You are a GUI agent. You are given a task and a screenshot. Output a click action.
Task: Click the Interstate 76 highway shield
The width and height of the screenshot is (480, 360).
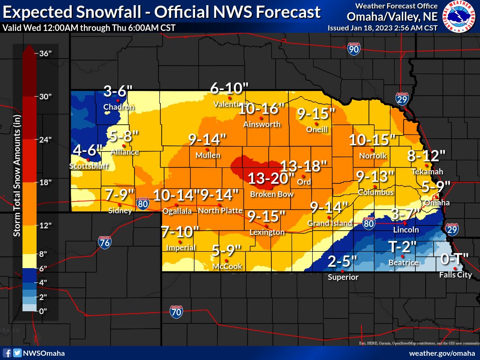pyautogui.click(x=105, y=242)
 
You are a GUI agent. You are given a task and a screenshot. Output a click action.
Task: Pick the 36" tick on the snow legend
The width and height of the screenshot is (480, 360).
pyautogui.click(x=45, y=53)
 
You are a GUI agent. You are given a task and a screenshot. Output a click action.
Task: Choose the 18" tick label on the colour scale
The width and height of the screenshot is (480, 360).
pyautogui.click(x=45, y=182)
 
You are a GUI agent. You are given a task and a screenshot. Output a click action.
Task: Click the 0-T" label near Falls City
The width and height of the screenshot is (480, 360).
pyautogui.click(x=455, y=258)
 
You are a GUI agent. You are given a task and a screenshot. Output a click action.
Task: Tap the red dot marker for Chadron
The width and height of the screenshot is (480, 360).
pyautogui.click(x=119, y=100)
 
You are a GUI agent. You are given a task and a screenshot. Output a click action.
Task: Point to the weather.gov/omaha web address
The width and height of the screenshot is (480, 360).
pyautogui.click(x=442, y=353)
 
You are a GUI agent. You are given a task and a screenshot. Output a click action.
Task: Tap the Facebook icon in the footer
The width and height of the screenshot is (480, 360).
pyautogui.click(x=7, y=353)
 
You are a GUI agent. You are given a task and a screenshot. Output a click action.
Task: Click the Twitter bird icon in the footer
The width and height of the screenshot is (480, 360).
pyautogui.click(x=17, y=353)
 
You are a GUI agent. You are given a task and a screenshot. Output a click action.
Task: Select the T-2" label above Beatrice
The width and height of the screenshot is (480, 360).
pyautogui.click(x=402, y=246)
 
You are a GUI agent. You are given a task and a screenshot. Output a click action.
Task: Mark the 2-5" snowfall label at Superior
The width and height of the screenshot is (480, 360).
pyautogui.click(x=343, y=261)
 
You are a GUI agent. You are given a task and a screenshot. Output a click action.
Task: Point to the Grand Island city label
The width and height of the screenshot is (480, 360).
pyautogui.click(x=330, y=224)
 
